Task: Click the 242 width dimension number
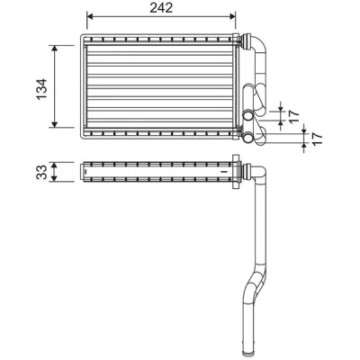(x=161, y=8)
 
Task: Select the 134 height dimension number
(x=41, y=89)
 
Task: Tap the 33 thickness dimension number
(x=41, y=172)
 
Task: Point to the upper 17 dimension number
(x=294, y=116)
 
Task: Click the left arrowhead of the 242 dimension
(x=90, y=16)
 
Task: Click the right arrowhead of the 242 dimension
(x=232, y=16)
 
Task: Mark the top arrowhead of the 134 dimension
(x=54, y=49)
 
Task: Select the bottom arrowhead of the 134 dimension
(x=54, y=124)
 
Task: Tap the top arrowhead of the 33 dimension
(x=54, y=166)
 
